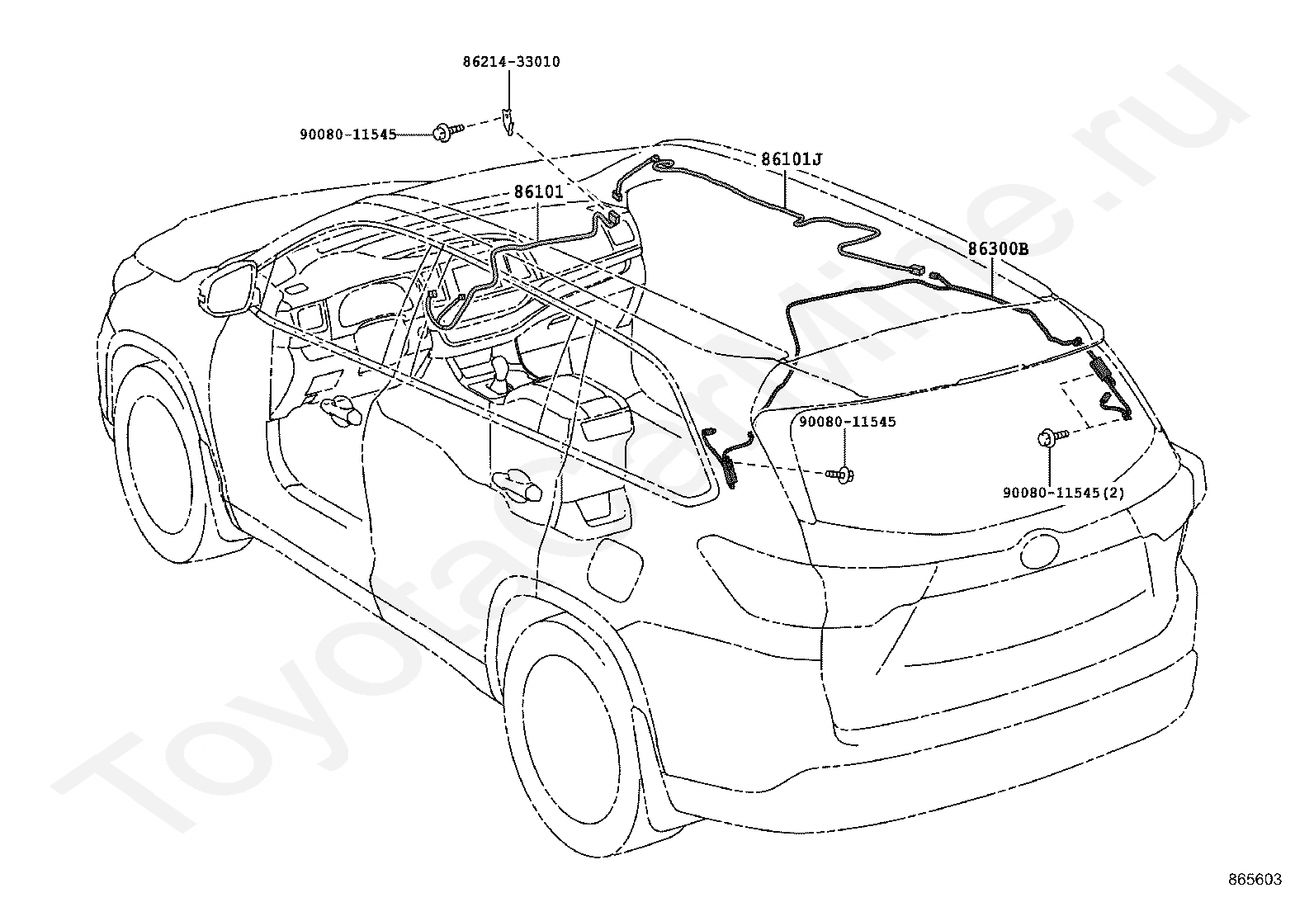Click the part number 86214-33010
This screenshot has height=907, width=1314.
[511, 62]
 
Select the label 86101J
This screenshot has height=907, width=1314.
[792, 159]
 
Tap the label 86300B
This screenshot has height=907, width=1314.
[998, 248]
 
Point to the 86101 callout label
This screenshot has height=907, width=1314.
[538, 191]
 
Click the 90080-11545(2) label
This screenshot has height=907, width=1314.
[1064, 493]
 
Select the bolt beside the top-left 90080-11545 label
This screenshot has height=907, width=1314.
[447, 131]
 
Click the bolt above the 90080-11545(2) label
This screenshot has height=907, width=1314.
[1052, 437]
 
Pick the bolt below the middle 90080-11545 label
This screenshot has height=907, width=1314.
[840, 475]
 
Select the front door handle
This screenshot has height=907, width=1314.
[341, 409]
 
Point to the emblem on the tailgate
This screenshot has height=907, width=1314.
[1040, 550]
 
